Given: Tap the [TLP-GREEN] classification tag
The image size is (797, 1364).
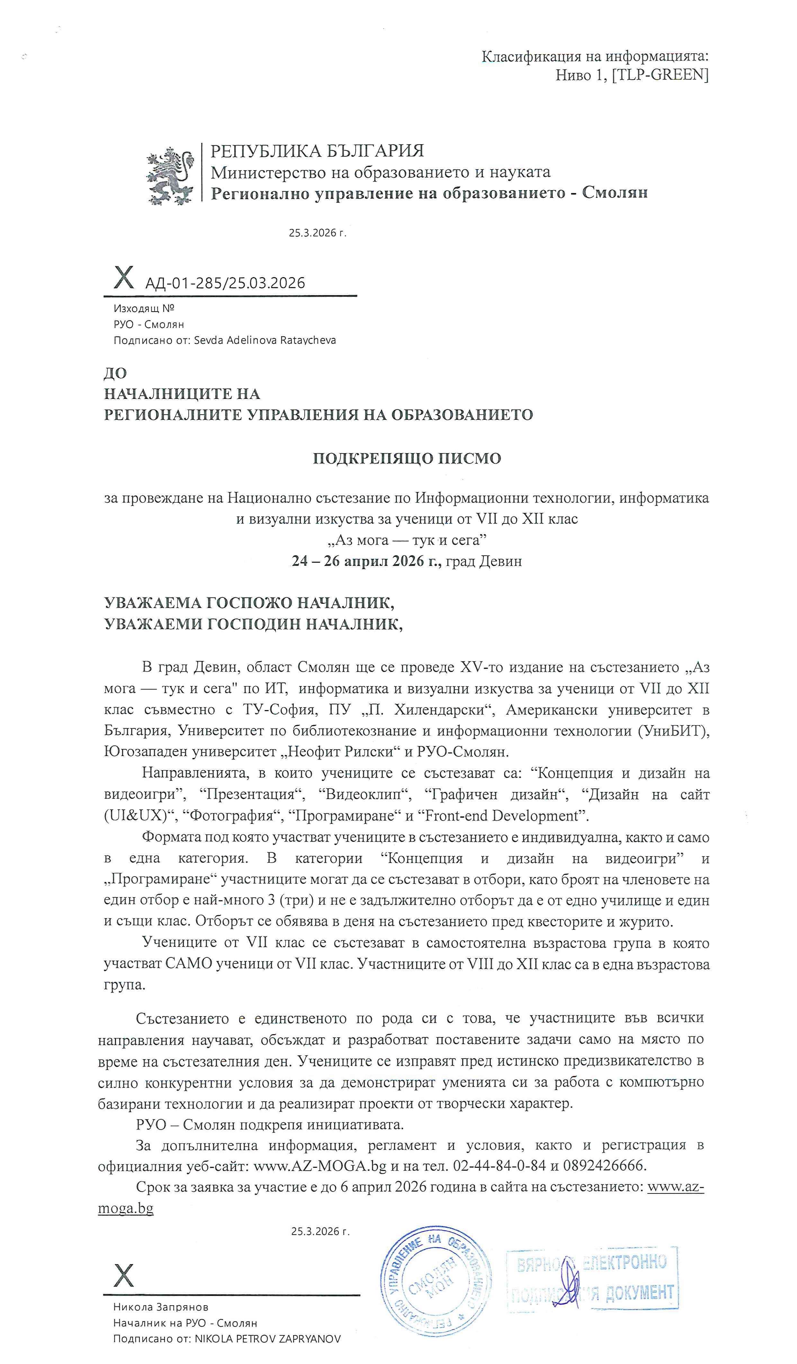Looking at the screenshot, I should tap(660, 75).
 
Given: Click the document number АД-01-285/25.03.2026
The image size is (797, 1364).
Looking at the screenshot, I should tap(225, 283).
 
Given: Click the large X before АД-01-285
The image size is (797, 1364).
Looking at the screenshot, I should tap(124, 278).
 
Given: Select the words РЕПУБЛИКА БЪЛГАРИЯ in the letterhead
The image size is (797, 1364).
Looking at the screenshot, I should tap(317, 151).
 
